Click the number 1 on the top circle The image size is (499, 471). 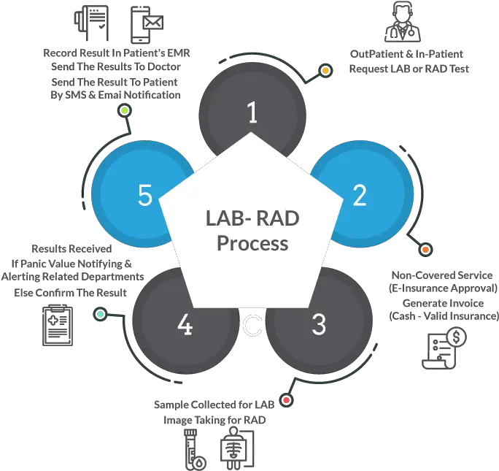(252, 113)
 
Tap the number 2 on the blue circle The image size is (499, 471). (359, 195)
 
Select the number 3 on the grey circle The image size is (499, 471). (318, 324)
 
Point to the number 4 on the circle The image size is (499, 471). (185, 324)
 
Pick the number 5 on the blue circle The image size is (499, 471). (145, 195)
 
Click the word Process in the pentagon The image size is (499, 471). (252, 242)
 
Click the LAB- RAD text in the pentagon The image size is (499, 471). (252, 218)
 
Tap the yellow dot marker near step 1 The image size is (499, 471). (325, 72)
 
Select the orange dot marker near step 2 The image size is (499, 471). (425, 250)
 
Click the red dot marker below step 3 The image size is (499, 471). (287, 399)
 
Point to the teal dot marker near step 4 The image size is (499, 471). (101, 314)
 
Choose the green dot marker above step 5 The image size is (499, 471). (125, 110)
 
